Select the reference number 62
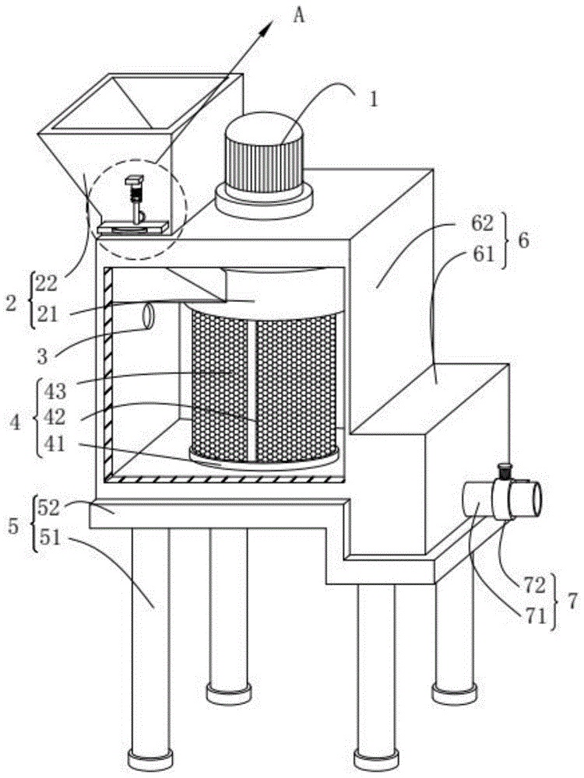coord(483,225)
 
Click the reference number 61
coord(483,254)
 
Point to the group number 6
coord(524,240)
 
